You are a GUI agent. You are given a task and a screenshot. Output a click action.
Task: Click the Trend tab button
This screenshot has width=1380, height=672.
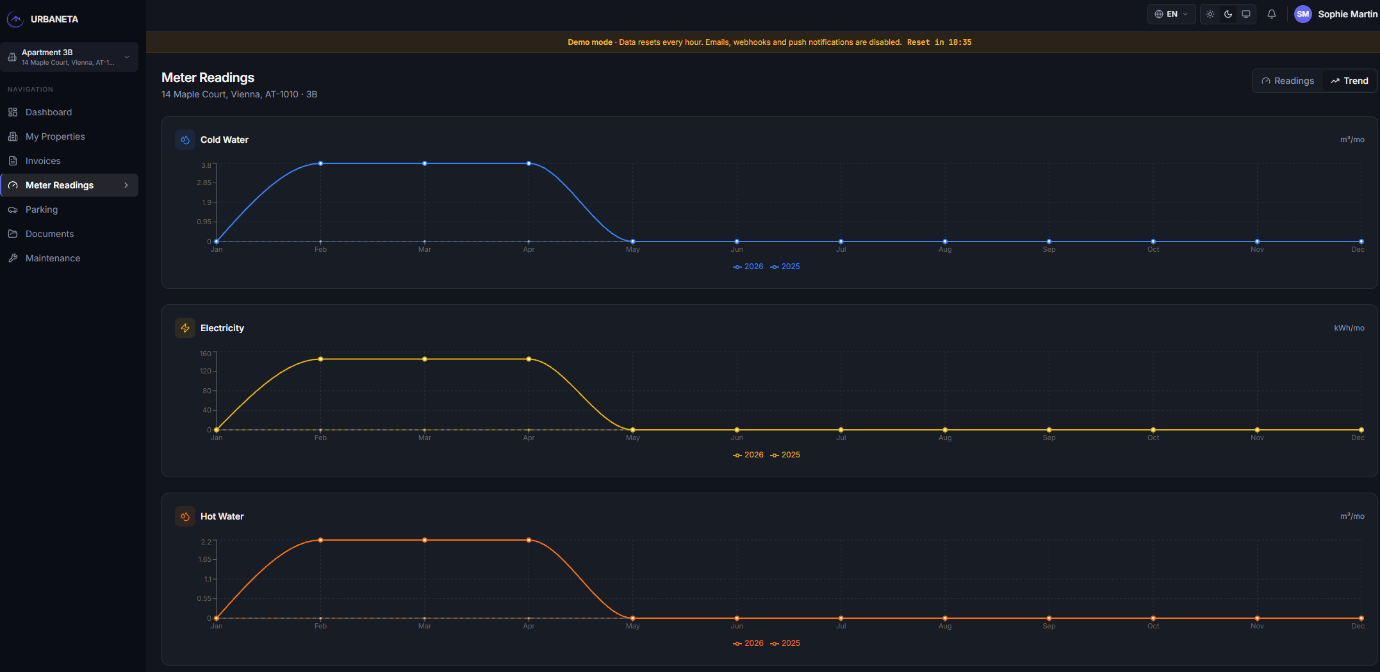tap(1349, 81)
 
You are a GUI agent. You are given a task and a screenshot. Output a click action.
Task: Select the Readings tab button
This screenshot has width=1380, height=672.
tap(1288, 81)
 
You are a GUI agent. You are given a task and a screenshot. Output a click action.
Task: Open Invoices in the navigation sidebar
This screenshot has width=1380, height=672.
tap(43, 161)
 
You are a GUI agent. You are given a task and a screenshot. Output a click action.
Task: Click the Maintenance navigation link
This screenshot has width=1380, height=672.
tap(53, 258)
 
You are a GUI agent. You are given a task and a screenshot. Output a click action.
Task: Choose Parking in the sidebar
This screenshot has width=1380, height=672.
tap(42, 209)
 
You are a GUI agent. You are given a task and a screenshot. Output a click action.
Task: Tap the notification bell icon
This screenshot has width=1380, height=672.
tap(1272, 14)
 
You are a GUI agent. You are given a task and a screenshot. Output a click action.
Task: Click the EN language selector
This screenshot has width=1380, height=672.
tap(1171, 14)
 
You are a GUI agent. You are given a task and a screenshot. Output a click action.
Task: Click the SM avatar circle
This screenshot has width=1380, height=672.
tap(1303, 14)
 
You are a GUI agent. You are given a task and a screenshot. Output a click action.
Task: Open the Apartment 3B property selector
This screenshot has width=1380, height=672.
tap(69, 57)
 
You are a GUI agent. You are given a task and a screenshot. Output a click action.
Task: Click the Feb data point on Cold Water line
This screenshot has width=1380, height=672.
tap(320, 163)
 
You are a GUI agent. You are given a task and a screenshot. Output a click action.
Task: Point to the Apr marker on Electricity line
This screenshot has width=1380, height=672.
tap(529, 359)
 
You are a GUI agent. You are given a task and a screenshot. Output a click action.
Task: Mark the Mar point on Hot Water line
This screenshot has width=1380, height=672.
tap(425, 540)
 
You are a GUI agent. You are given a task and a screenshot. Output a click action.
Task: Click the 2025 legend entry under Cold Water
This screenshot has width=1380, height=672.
tap(785, 266)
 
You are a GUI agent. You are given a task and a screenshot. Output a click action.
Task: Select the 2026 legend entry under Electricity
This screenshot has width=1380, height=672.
tap(748, 455)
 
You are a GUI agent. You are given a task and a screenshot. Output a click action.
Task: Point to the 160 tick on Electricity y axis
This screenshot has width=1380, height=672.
tap(205, 354)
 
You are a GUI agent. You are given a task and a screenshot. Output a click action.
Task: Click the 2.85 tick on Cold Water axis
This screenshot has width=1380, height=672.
tap(204, 183)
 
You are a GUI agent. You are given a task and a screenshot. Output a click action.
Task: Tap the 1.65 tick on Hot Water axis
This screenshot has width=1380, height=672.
tap(204, 560)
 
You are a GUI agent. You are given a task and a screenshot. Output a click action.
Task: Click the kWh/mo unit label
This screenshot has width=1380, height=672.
tap(1349, 328)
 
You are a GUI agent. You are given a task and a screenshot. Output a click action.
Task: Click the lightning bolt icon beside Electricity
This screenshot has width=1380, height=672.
tap(185, 328)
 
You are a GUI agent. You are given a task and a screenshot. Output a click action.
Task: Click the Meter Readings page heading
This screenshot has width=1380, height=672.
tap(208, 78)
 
